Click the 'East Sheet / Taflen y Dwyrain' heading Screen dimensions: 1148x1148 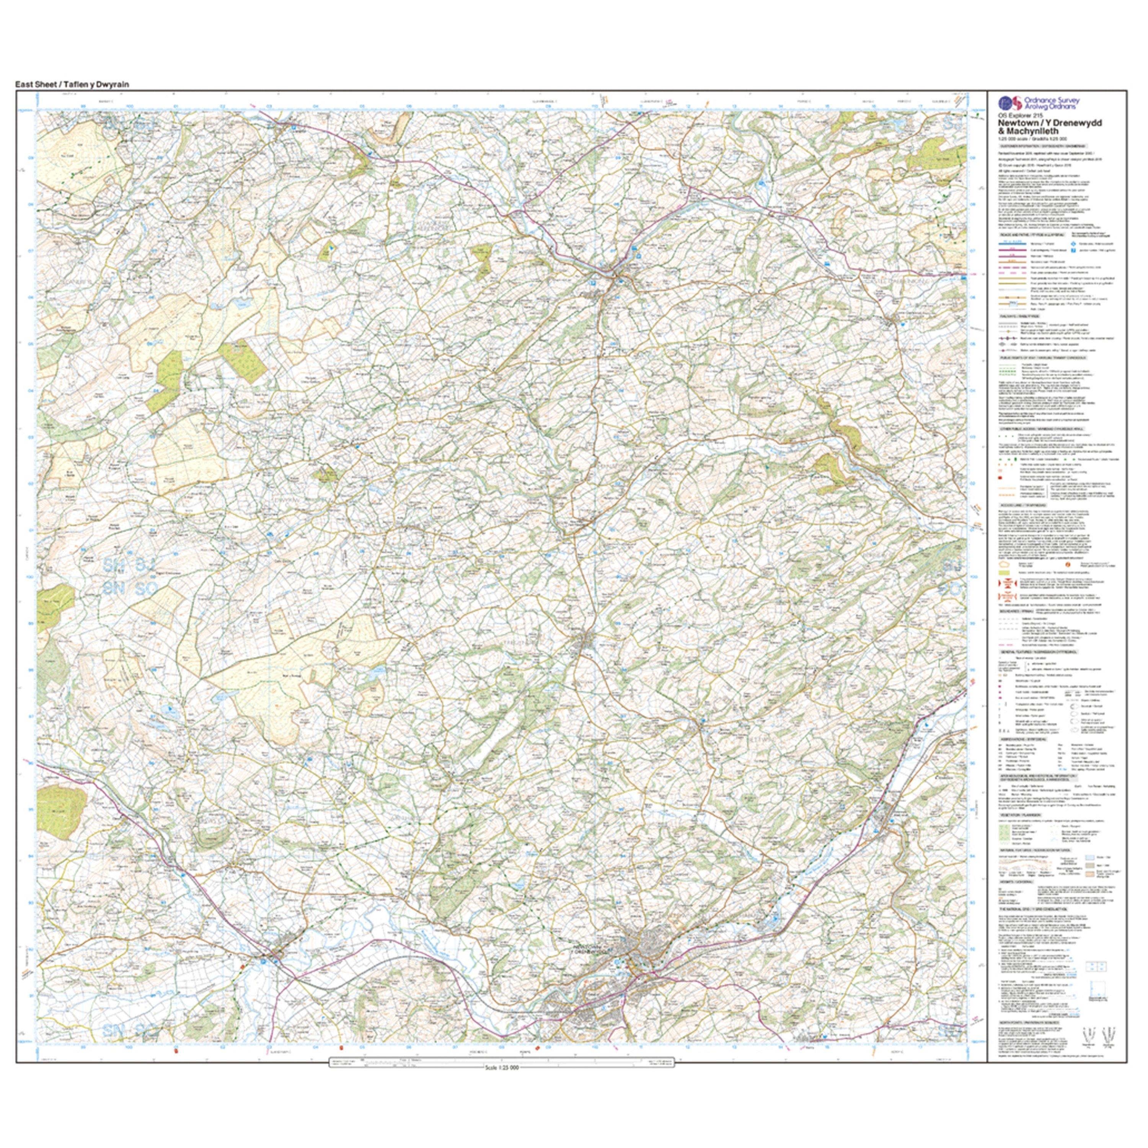[72, 84]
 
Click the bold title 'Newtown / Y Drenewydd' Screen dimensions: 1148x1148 [1050, 122]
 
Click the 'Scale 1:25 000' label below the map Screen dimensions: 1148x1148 [502, 1067]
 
